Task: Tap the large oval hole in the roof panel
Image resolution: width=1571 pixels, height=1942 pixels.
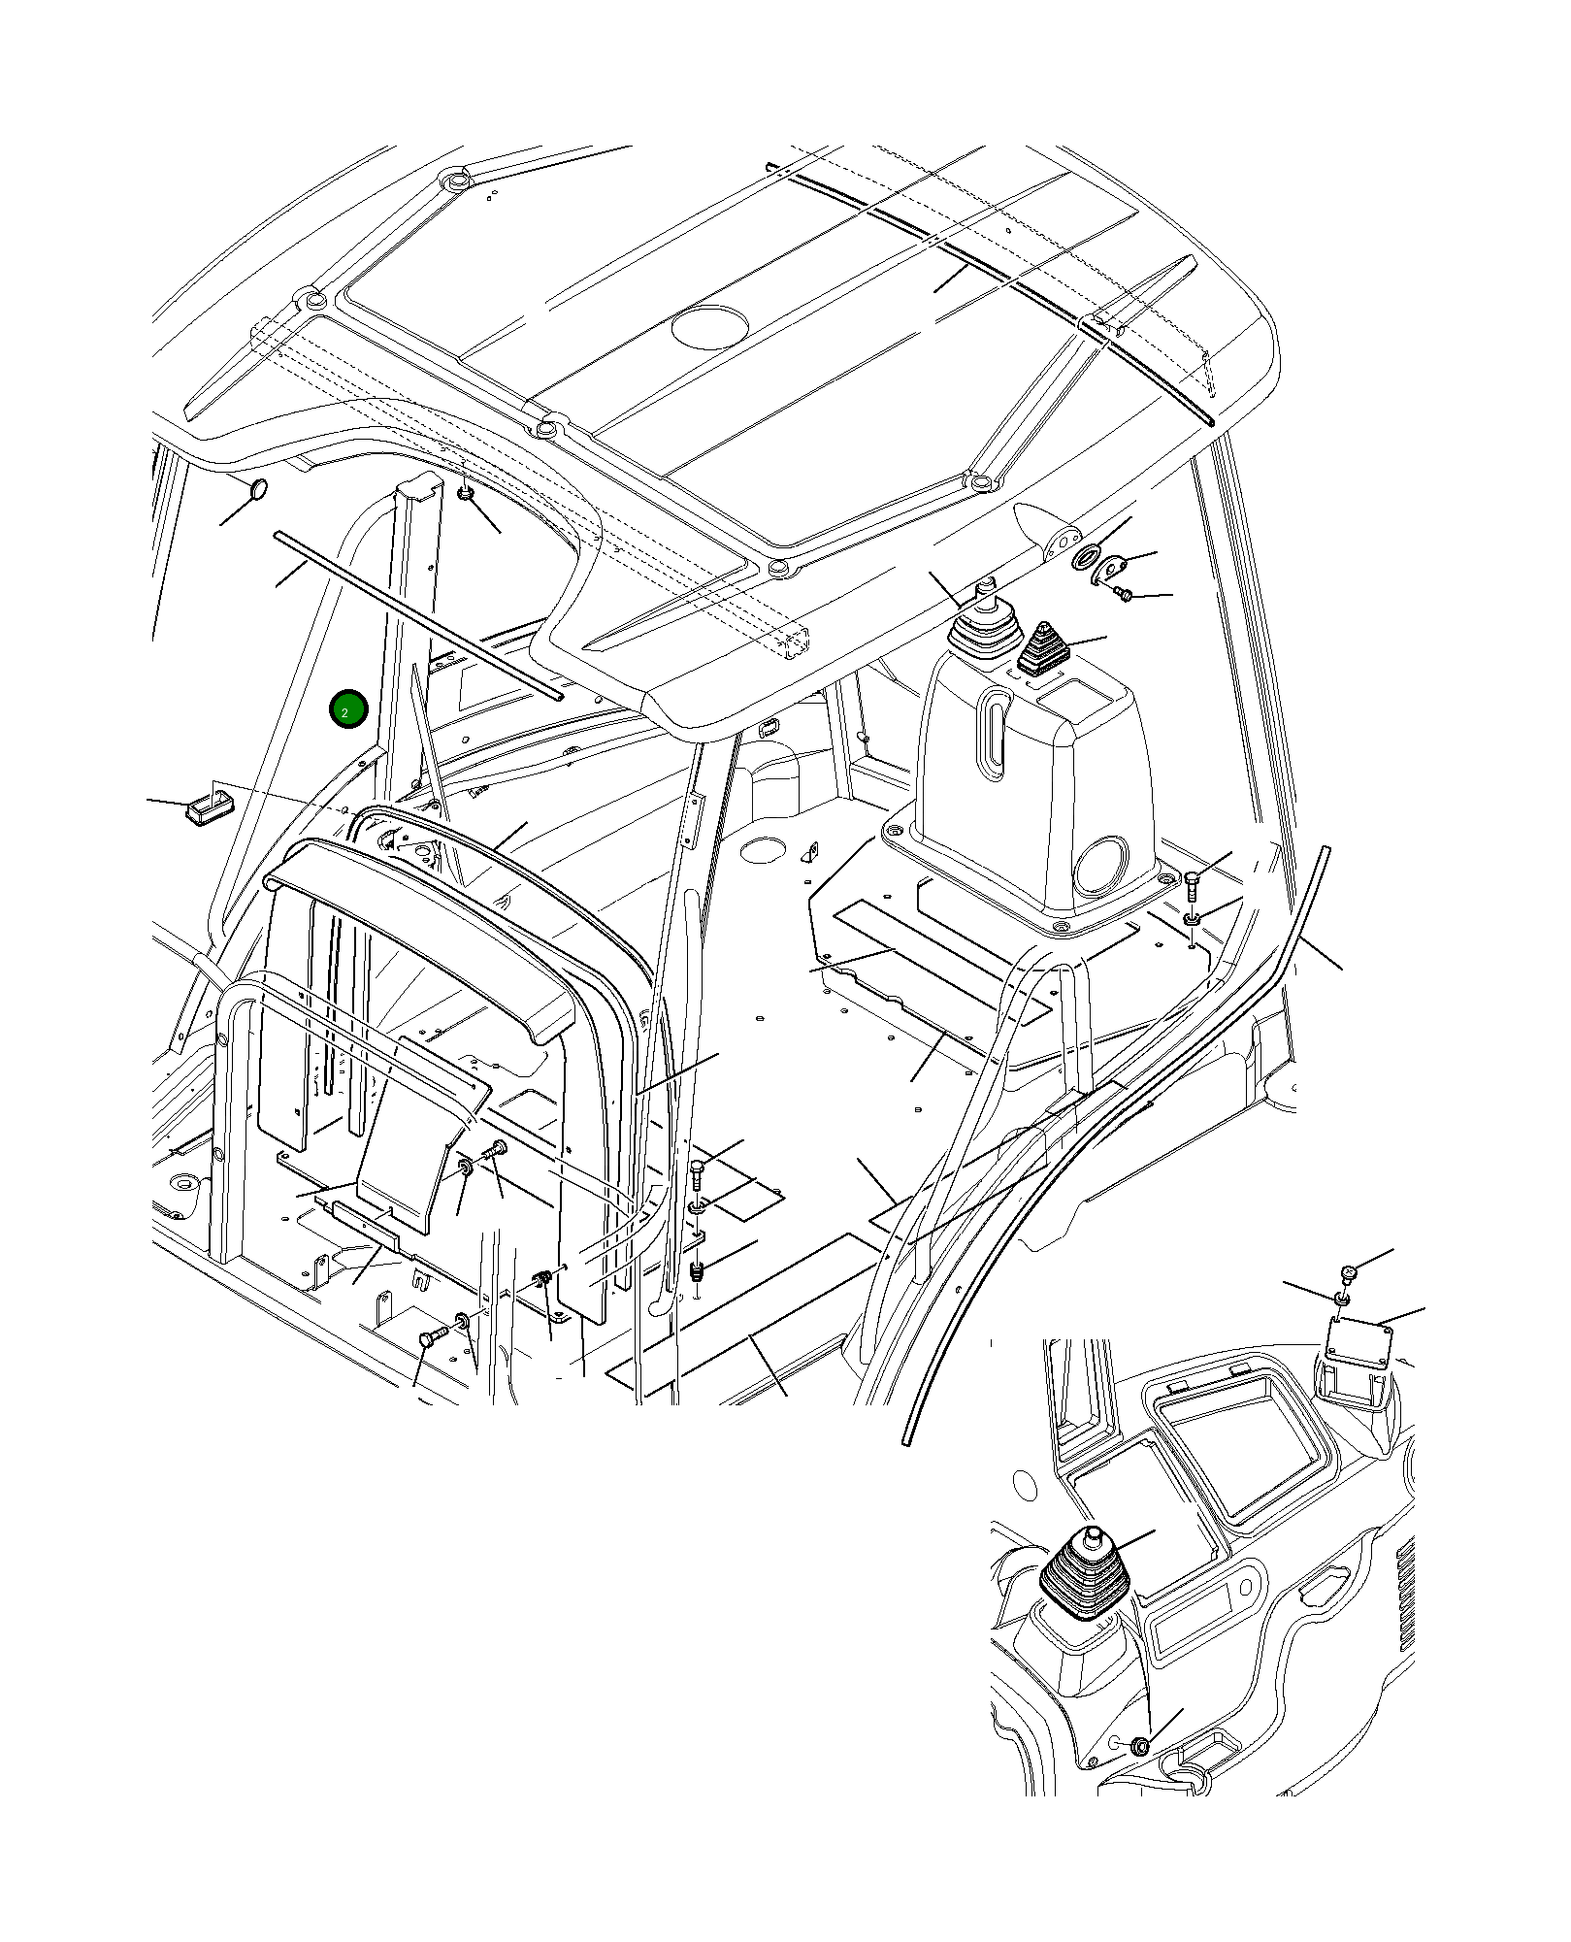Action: click(710, 327)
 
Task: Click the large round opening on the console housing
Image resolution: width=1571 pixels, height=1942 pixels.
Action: click(1101, 867)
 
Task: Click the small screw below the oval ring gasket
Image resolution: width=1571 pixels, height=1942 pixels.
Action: click(1123, 593)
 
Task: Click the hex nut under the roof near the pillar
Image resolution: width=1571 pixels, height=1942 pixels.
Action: click(466, 495)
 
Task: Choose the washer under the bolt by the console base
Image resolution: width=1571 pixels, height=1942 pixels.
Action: click(1193, 917)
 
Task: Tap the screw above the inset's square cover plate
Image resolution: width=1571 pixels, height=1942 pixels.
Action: click(1348, 1271)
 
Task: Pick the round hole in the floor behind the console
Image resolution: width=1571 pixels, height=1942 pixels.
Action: click(763, 851)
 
